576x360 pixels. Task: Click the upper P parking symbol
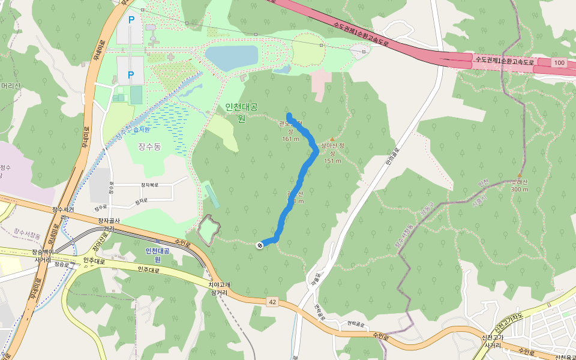pos(131,20)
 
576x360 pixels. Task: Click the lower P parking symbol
pos(131,74)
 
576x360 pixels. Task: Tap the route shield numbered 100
pos(559,63)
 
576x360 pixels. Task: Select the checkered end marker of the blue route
pos(260,245)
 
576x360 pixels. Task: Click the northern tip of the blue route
pos(289,115)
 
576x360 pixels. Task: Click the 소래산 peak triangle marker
pos(520,176)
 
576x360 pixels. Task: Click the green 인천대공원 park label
pos(241,112)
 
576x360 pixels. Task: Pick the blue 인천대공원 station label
pos(157,255)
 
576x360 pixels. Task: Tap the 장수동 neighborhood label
pos(149,146)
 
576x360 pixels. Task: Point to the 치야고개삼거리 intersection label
pos(218,289)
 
